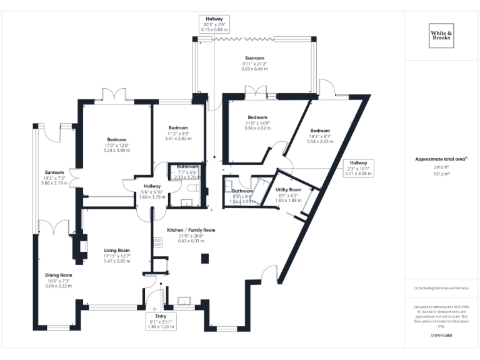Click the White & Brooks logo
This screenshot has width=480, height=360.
442,35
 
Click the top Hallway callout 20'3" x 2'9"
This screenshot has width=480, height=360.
214,24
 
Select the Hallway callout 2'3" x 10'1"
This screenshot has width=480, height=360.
358,168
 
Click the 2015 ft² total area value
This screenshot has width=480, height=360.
441,167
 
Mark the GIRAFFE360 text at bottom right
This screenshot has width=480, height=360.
441,336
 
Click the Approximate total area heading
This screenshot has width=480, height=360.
441,159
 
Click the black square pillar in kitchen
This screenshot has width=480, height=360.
204,258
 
